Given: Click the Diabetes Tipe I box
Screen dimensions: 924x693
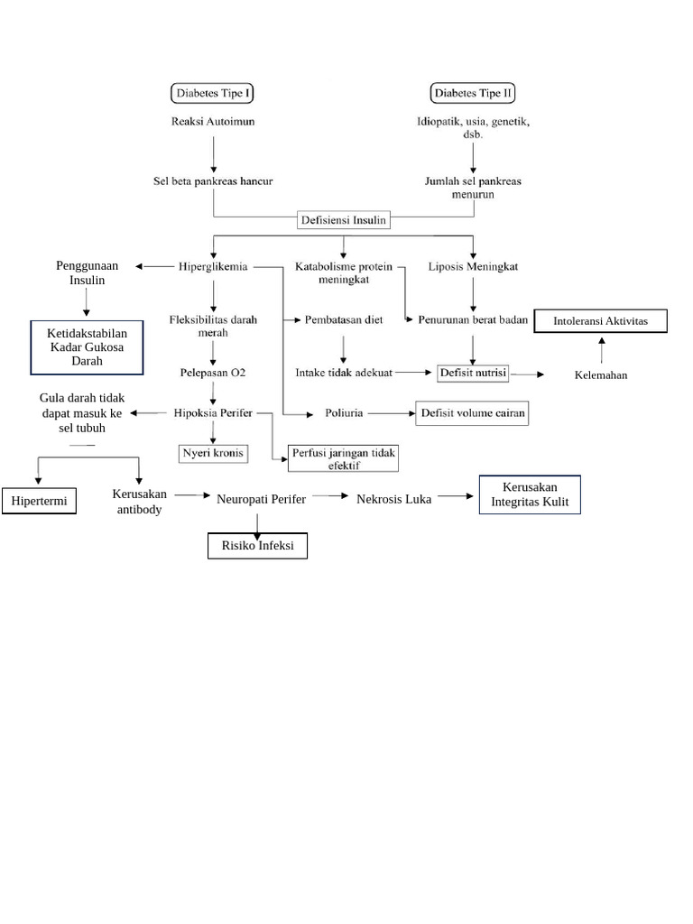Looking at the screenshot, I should [x=213, y=93].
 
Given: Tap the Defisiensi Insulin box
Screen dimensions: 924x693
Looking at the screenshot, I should [x=344, y=217].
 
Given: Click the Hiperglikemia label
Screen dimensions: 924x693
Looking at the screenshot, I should [x=213, y=267].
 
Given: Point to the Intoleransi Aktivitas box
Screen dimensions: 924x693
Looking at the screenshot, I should [x=600, y=321].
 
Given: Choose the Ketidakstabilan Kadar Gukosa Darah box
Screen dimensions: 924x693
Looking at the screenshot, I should [x=88, y=347].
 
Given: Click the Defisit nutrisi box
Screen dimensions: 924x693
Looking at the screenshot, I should [x=474, y=372].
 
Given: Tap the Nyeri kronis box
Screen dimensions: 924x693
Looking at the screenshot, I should [x=213, y=452].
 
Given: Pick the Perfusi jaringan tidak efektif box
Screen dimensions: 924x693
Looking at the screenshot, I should [x=344, y=458].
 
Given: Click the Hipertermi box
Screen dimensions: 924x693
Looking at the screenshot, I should [x=40, y=501].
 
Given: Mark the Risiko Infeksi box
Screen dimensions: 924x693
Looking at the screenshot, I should [x=258, y=546].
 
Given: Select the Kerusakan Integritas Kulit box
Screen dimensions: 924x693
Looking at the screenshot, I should [x=530, y=494].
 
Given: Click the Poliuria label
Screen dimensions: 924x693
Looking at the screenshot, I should [x=344, y=413].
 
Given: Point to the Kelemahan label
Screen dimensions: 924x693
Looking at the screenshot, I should [x=600, y=374].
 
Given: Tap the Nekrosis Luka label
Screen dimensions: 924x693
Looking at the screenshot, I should [x=393, y=498].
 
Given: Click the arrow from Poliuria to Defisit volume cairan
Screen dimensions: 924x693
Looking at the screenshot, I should [x=389, y=413].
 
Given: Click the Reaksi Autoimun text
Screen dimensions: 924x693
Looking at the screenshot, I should [x=213, y=123].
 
